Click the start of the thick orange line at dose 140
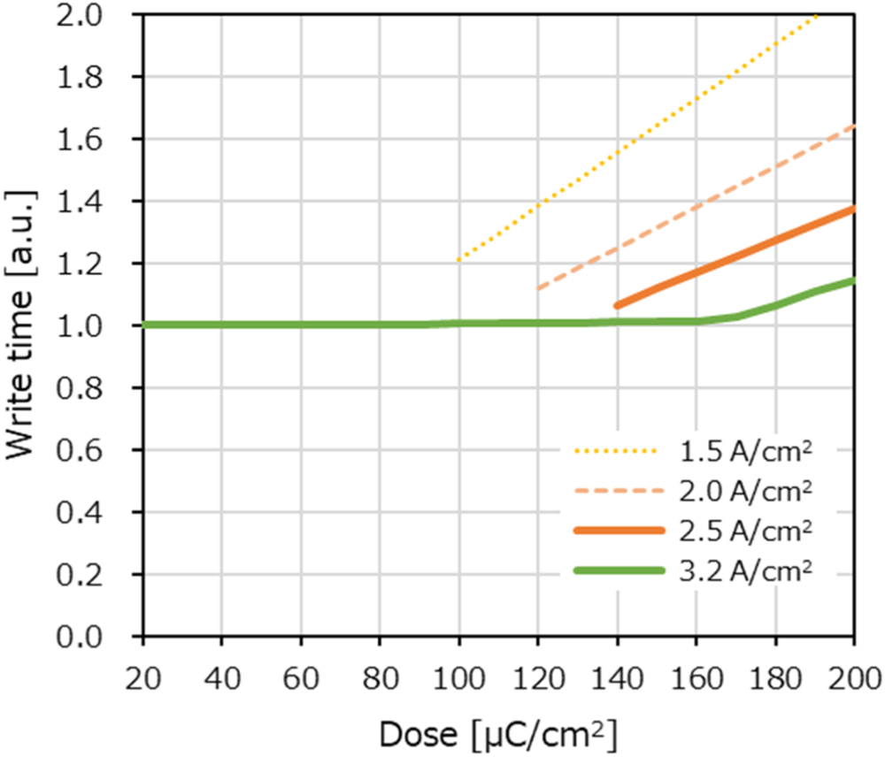(x=617, y=305)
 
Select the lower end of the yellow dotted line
(x=458, y=260)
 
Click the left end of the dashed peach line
(x=538, y=288)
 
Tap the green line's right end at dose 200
(x=853, y=280)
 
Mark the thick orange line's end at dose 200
(x=853, y=209)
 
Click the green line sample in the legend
(x=618, y=570)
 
